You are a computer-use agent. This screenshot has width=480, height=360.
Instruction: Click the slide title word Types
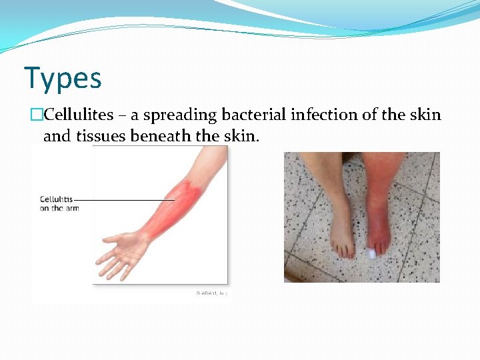click(63, 78)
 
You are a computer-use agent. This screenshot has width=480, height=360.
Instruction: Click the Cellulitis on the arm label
click(59, 203)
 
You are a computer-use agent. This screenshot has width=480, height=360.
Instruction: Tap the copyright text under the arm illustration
click(211, 292)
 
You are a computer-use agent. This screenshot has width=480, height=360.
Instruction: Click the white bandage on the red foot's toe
click(372, 253)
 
